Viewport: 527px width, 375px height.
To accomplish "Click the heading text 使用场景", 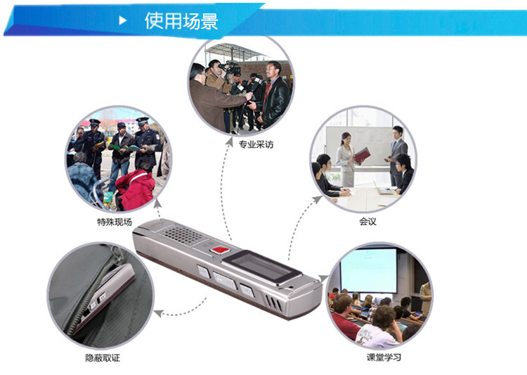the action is (x=181, y=21).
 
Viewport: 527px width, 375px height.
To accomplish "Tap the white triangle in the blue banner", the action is (x=123, y=20).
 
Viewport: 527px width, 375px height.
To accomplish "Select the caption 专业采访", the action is (x=256, y=145).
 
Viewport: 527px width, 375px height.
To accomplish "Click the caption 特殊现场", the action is (x=115, y=222).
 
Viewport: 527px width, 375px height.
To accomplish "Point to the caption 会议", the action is (x=367, y=222).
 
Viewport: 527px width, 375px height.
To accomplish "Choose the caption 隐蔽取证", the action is (x=103, y=358).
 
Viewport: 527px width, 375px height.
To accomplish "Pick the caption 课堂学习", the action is (x=384, y=357).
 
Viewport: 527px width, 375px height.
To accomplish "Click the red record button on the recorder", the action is (x=220, y=250).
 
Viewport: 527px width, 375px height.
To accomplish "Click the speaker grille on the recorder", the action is (x=183, y=234).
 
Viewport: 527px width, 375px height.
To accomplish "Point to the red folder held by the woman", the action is (x=363, y=155).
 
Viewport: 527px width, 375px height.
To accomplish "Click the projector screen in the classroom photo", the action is (x=369, y=271).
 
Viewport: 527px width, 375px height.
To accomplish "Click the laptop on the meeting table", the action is (x=382, y=189).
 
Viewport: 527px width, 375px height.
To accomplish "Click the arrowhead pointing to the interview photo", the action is (x=229, y=141).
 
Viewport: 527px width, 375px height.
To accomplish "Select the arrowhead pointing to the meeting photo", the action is (x=317, y=200).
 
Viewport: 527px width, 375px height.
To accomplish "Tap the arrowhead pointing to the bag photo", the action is (x=159, y=313).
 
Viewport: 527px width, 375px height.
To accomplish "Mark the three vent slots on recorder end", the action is (x=273, y=303).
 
